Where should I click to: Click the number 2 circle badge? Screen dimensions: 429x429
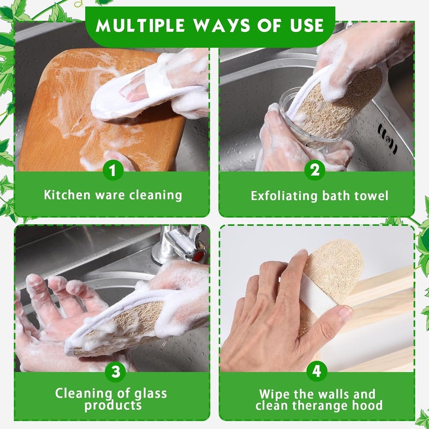(315, 170)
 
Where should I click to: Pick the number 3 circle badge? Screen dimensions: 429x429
(115, 372)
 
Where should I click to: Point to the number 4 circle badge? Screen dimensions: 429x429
(316, 371)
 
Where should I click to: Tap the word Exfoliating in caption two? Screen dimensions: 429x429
(284, 196)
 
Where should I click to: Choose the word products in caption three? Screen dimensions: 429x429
(113, 405)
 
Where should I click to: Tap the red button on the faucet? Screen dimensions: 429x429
(199, 256)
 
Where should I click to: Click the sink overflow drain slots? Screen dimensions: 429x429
(387, 139)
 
